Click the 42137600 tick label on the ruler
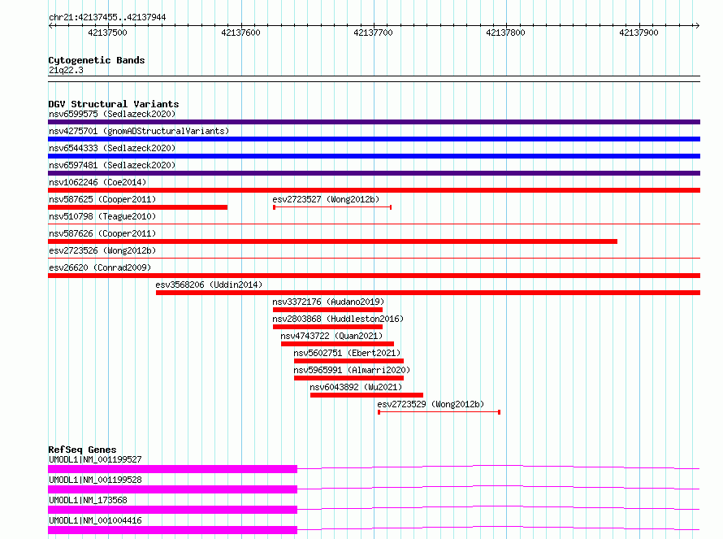pyautogui.click(x=240, y=33)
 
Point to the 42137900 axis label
pyautogui.click(x=639, y=33)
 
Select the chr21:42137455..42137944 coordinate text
pyautogui.click(x=107, y=18)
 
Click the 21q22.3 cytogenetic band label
pyautogui.click(x=66, y=70)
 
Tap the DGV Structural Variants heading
pyautogui.click(x=114, y=104)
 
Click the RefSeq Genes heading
pyautogui.click(x=82, y=450)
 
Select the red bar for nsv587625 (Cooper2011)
pyautogui.click(x=138, y=207)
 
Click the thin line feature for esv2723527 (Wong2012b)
pyautogui.click(x=332, y=207)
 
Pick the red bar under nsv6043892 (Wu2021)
pyautogui.click(x=366, y=395)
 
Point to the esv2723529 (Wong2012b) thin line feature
pyautogui.click(x=439, y=412)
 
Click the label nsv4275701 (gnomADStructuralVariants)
pyautogui.click(x=139, y=131)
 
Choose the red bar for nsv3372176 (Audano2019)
pyautogui.click(x=328, y=310)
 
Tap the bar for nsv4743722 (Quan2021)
pyautogui.click(x=337, y=344)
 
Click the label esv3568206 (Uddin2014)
pyautogui.click(x=209, y=285)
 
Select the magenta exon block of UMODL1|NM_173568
pyautogui.click(x=172, y=510)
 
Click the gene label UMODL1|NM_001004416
pyautogui.click(x=95, y=520)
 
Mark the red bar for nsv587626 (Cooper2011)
pyautogui.click(x=332, y=241)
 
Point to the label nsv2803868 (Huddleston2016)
pyautogui.click(x=338, y=319)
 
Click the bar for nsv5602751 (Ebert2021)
pyautogui.click(x=349, y=361)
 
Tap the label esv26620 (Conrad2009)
pyautogui.click(x=100, y=267)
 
